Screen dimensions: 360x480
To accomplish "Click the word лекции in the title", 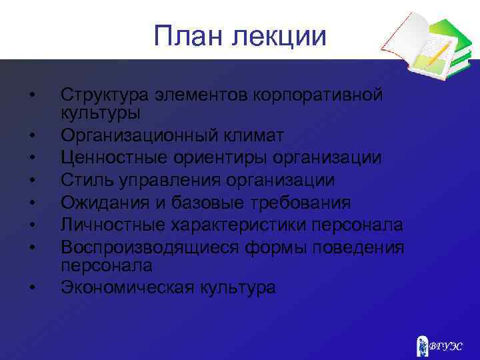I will (281, 37).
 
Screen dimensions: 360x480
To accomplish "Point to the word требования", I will (297, 202).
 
